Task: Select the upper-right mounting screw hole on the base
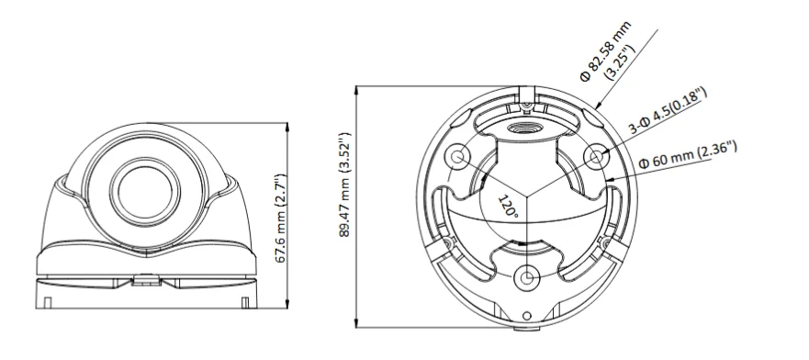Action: pos(596,158)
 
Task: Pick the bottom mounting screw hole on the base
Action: pos(526,277)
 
